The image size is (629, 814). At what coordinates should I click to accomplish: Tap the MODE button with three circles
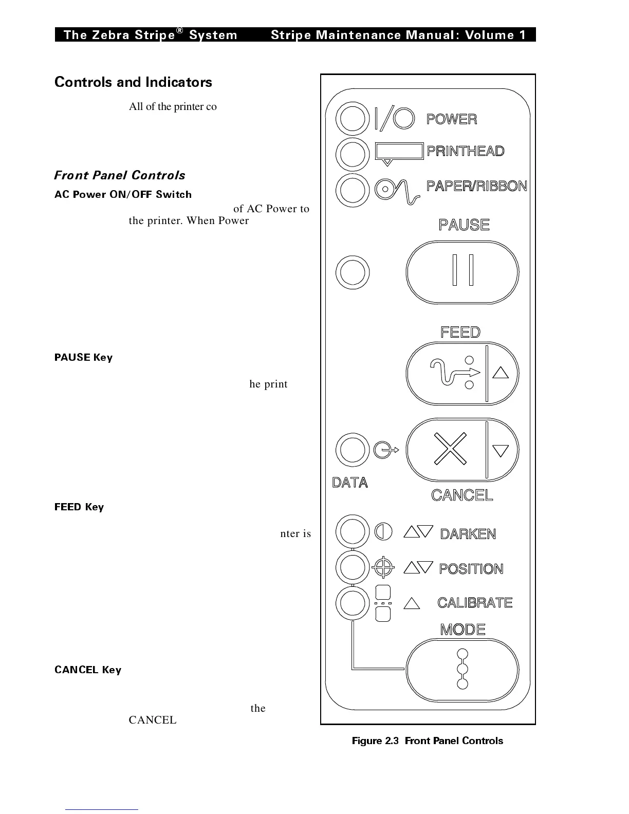pyautogui.click(x=462, y=670)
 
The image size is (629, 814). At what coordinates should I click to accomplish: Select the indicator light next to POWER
pyautogui.click(x=352, y=119)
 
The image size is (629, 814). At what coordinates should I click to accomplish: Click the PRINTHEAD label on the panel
pyautogui.click(x=466, y=151)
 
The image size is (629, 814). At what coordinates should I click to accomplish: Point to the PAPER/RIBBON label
pyautogui.click(x=477, y=186)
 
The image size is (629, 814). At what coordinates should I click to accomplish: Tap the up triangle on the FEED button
pyautogui.click(x=501, y=373)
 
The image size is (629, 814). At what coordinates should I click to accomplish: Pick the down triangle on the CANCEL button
pyautogui.click(x=501, y=451)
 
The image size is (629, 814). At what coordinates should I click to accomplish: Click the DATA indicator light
pyautogui.click(x=352, y=450)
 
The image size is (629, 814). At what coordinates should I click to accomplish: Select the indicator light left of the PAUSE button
pyautogui.click(x=352, y=272)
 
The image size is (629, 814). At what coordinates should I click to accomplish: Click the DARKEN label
pyautogui.click(x=468, y=534)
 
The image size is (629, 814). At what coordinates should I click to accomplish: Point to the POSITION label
pyautogui.click(x=471, y=569)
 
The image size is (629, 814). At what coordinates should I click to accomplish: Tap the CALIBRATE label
pyautogui.click(x=475, y=602)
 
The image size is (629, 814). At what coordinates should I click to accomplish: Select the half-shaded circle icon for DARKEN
pyautogui.click(x=383, y=531)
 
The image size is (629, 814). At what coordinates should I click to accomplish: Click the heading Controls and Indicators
pyautogui.click(x=133, y=82)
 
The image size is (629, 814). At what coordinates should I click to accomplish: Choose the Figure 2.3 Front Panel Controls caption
pyautogui.click(x=427, y=741)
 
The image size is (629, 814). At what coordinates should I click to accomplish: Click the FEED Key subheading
pyautogui.click(x=79, y=507)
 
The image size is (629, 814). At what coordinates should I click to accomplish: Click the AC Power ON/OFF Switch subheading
pyautogui.click(x=123, y=194)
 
